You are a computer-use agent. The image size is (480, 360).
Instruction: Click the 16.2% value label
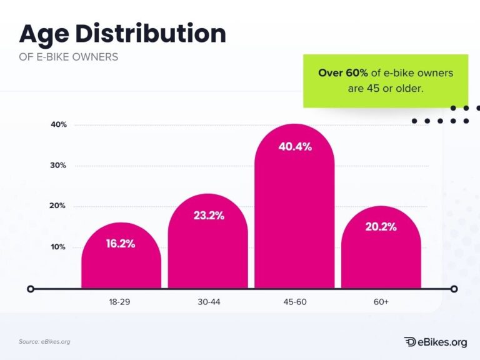click(x=121, y=244)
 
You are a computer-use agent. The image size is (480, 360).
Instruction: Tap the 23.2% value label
click(x=208, y=216)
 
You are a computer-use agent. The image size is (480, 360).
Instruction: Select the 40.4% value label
click(x=295, y=147)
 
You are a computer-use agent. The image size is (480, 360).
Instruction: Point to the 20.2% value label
click(x=381, y=227)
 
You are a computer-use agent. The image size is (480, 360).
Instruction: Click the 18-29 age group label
click(x=121, y=302)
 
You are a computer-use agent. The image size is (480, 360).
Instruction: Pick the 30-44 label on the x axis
click(x=208, y=302)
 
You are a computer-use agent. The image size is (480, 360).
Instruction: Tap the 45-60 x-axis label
click(x=294, y=302)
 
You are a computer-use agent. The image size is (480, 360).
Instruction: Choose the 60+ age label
click(x=381, y=302)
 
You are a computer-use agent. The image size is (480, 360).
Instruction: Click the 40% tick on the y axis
click(x=59, y=125)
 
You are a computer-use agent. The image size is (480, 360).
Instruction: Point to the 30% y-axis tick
click(x=59, y=166)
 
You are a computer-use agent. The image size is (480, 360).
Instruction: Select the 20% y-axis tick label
click(x=59, y=206)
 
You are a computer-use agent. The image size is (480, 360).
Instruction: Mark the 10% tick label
click(x=59, y=247)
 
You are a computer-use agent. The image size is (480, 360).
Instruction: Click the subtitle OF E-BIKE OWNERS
click(x=68, y=57)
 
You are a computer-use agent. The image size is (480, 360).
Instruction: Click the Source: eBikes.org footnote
click(x=44, y=341)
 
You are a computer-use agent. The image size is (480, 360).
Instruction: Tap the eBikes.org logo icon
click(x=410, y=342)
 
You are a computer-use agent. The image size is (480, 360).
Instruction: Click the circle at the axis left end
click(x=30, y=289)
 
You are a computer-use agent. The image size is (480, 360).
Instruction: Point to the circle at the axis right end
click(x=454, y=289)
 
